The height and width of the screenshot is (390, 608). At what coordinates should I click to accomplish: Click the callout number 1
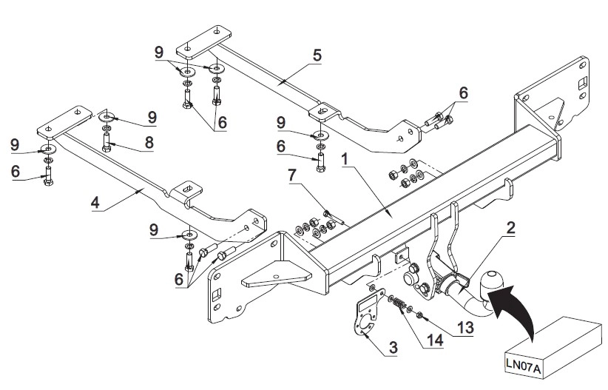[x=345, y=159]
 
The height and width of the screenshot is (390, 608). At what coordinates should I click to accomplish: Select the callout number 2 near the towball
[x=510, y=228]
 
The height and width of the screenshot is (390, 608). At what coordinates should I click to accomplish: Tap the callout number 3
[x=393, y=347]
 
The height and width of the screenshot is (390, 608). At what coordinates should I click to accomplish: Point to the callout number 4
[x=95, y=203]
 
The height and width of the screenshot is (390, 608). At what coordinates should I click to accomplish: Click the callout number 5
[x=317, y=55]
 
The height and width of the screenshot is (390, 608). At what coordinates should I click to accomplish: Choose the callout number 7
[x=292, y=175]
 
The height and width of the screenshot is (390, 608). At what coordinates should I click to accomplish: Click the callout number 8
[x=149, y=142]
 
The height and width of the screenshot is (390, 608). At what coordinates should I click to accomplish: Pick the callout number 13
[x=465, y=328]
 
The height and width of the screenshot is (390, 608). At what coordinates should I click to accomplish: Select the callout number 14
[x=435, y=340]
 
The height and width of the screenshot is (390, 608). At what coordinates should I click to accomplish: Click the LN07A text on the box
[x=523, y=365]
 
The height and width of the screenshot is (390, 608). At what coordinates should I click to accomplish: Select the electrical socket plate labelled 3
[x=366, y=313]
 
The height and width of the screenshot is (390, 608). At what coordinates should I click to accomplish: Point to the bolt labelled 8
[x=107, y=142]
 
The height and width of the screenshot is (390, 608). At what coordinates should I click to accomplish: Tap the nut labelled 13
[x=419, y=315]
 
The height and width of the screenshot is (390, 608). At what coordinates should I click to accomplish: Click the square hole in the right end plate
[x=582, y=83]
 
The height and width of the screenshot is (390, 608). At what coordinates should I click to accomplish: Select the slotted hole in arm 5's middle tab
[x=322, y=111]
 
